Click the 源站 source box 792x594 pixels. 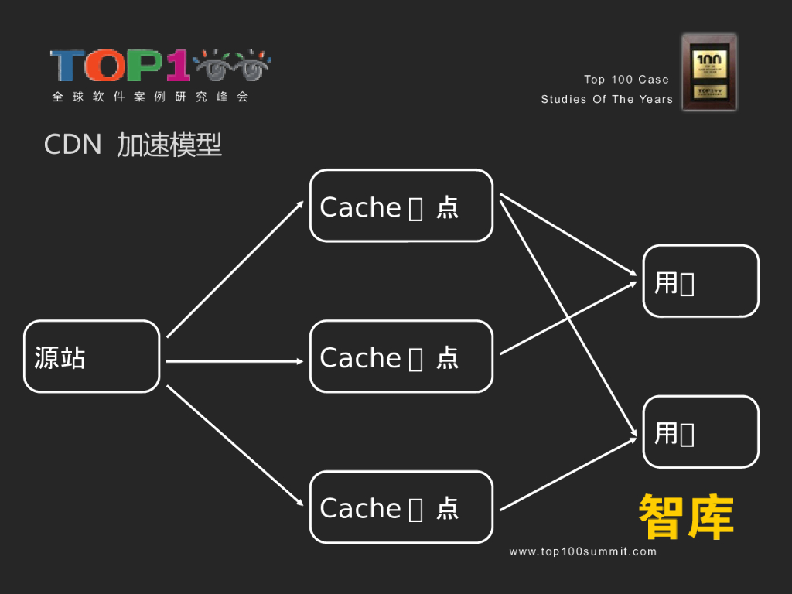tap(91, 357)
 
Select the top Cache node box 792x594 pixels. tap(401, 206)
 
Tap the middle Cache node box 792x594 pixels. tap(401, 357)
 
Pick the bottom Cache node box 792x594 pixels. tap(401, 507)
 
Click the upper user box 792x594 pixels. tap(701, 282)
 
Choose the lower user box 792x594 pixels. tap(701, 432)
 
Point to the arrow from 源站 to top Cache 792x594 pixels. tap(234, 269)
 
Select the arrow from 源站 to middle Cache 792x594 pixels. tap(234, 361)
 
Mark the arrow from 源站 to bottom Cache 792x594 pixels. tap(234, 445)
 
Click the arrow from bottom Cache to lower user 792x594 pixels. tap(568, 474)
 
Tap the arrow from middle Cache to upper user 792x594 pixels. tap(568, 318)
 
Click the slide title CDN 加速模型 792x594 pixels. tap(133, 145)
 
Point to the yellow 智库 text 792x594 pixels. tap(686, 517)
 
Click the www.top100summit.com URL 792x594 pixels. tap(582, 551)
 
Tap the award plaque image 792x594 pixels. tap(708, 72)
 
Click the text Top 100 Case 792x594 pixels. tap(626, 80)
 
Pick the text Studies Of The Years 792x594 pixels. tap(606, 99)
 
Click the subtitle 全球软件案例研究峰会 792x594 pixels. tap(150, 97)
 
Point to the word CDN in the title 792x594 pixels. tap(73, 145)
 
